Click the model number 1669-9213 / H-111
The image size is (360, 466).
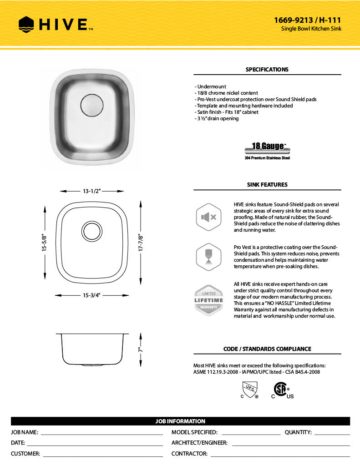(307, 20)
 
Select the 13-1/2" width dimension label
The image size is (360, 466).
(91, 191)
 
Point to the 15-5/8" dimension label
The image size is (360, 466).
(45, 243)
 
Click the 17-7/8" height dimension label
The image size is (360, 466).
(141, 243)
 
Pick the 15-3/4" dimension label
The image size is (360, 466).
(91, 295)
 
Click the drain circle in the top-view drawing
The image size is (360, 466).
(92, 231)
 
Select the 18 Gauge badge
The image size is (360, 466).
(267, 149)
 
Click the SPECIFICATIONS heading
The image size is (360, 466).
(267, 70)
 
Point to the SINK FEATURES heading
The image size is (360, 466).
(267, 185)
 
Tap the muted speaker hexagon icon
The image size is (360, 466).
(209, 217)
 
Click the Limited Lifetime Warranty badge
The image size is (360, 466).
(209, 300)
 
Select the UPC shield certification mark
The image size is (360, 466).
(249, 390)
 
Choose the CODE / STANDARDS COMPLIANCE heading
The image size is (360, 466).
(267, 349)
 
